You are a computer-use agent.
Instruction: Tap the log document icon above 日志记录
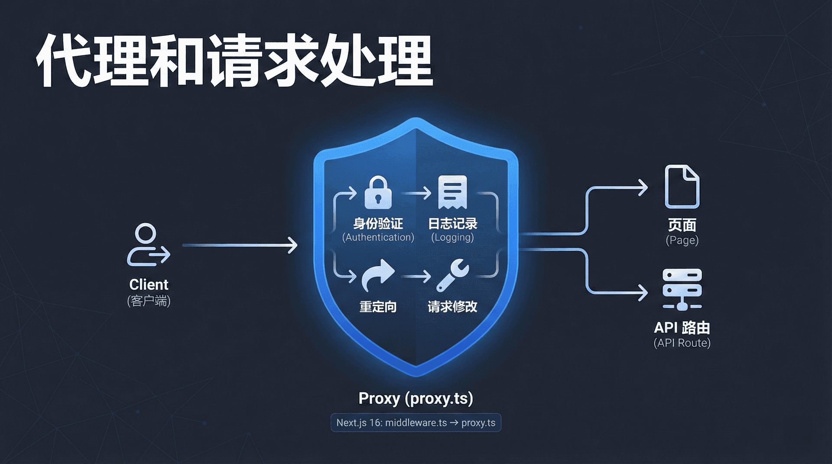pyautogui.click(x=452, y=192)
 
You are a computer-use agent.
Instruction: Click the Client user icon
pyautogui.click(x=148, y=245)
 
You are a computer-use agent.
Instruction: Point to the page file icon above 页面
pyautogui.click(x=682, y=187)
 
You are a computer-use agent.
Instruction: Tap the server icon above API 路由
pyautogui.click(x=682, y=289)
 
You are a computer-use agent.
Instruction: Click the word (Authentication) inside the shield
pyautogui.click(x=378, y=237)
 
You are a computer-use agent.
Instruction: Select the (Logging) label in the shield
pyautogui.click(x=452, y=237)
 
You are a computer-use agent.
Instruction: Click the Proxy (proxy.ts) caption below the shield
pyautogui.click(x=416, y=398)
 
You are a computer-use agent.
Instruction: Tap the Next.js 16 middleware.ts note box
pyautogui.click(x=416, y=422)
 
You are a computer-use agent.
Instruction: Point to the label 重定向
pyautogui.click(x=378, y=307)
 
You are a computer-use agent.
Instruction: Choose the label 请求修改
pyautogui.click(x=452, y=307)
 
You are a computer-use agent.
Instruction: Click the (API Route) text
pyautogui.click(x=682, y=343)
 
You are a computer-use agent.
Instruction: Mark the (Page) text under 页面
pyautogui.click(x=682, y=240)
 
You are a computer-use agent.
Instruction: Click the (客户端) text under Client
pyautogui.click(x=149, y=300)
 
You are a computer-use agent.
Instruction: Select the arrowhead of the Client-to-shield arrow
pyautogui.click(x=293, y=245)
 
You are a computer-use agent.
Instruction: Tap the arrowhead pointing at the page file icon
pyautogui.click(x=643, y=188)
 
